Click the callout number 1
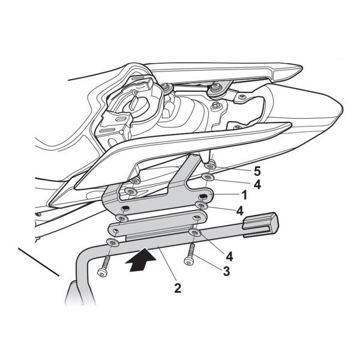coord(244,196)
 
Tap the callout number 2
coord(178,287)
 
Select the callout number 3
coord(226,271)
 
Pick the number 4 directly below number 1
coord(239,211)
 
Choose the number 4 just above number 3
coord(229,256)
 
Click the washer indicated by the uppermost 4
coord(207,178)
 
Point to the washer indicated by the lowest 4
coord(195,232)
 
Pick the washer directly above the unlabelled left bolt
coord(112,242)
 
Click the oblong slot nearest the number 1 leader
coord(204,196)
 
